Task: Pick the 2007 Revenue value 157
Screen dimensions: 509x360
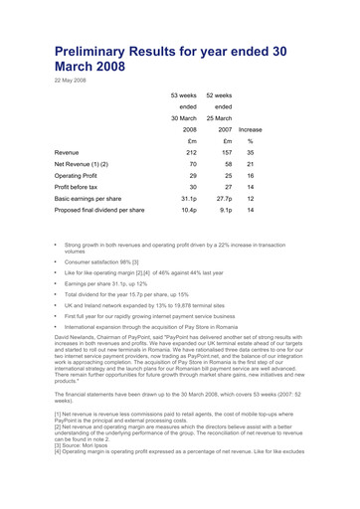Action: pos(225,153)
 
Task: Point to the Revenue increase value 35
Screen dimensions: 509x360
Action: pos(252,153)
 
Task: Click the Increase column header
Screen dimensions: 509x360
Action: pos(251,129)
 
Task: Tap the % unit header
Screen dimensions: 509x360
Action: pos(252,142)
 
